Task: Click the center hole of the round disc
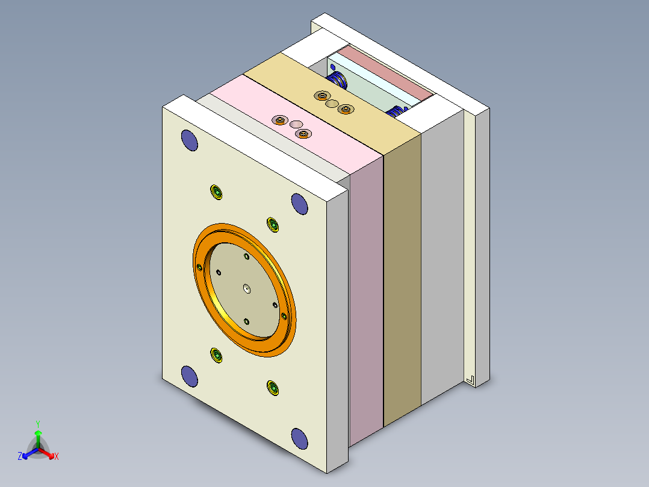pyautogui.click(x=247, y=289)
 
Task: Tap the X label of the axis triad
pyautogui.click(x=57, y=457)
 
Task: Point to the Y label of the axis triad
pyautogui.click(x=38, y=424)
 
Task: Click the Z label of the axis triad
pyautogui.click(x=20, y=457)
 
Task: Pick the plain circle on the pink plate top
pyautogui.click(x=296, y=124)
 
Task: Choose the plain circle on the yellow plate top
pyautogui.click(x=331, y=104)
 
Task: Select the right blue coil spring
pyautogui.click(x=397, y=112)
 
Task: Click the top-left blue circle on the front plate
pyautogui.click(x=190, y=140)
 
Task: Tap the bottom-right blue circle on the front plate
pyautogui.click(x=299, y=438)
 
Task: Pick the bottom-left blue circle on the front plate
pyautogui.click(x=190, y=376)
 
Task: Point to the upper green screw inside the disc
pyautogui.click(x=247, y=257)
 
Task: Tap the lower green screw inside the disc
pyautogui.click(x=247, y=321)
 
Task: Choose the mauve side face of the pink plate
pyautogui.click(x=366, y=301)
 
